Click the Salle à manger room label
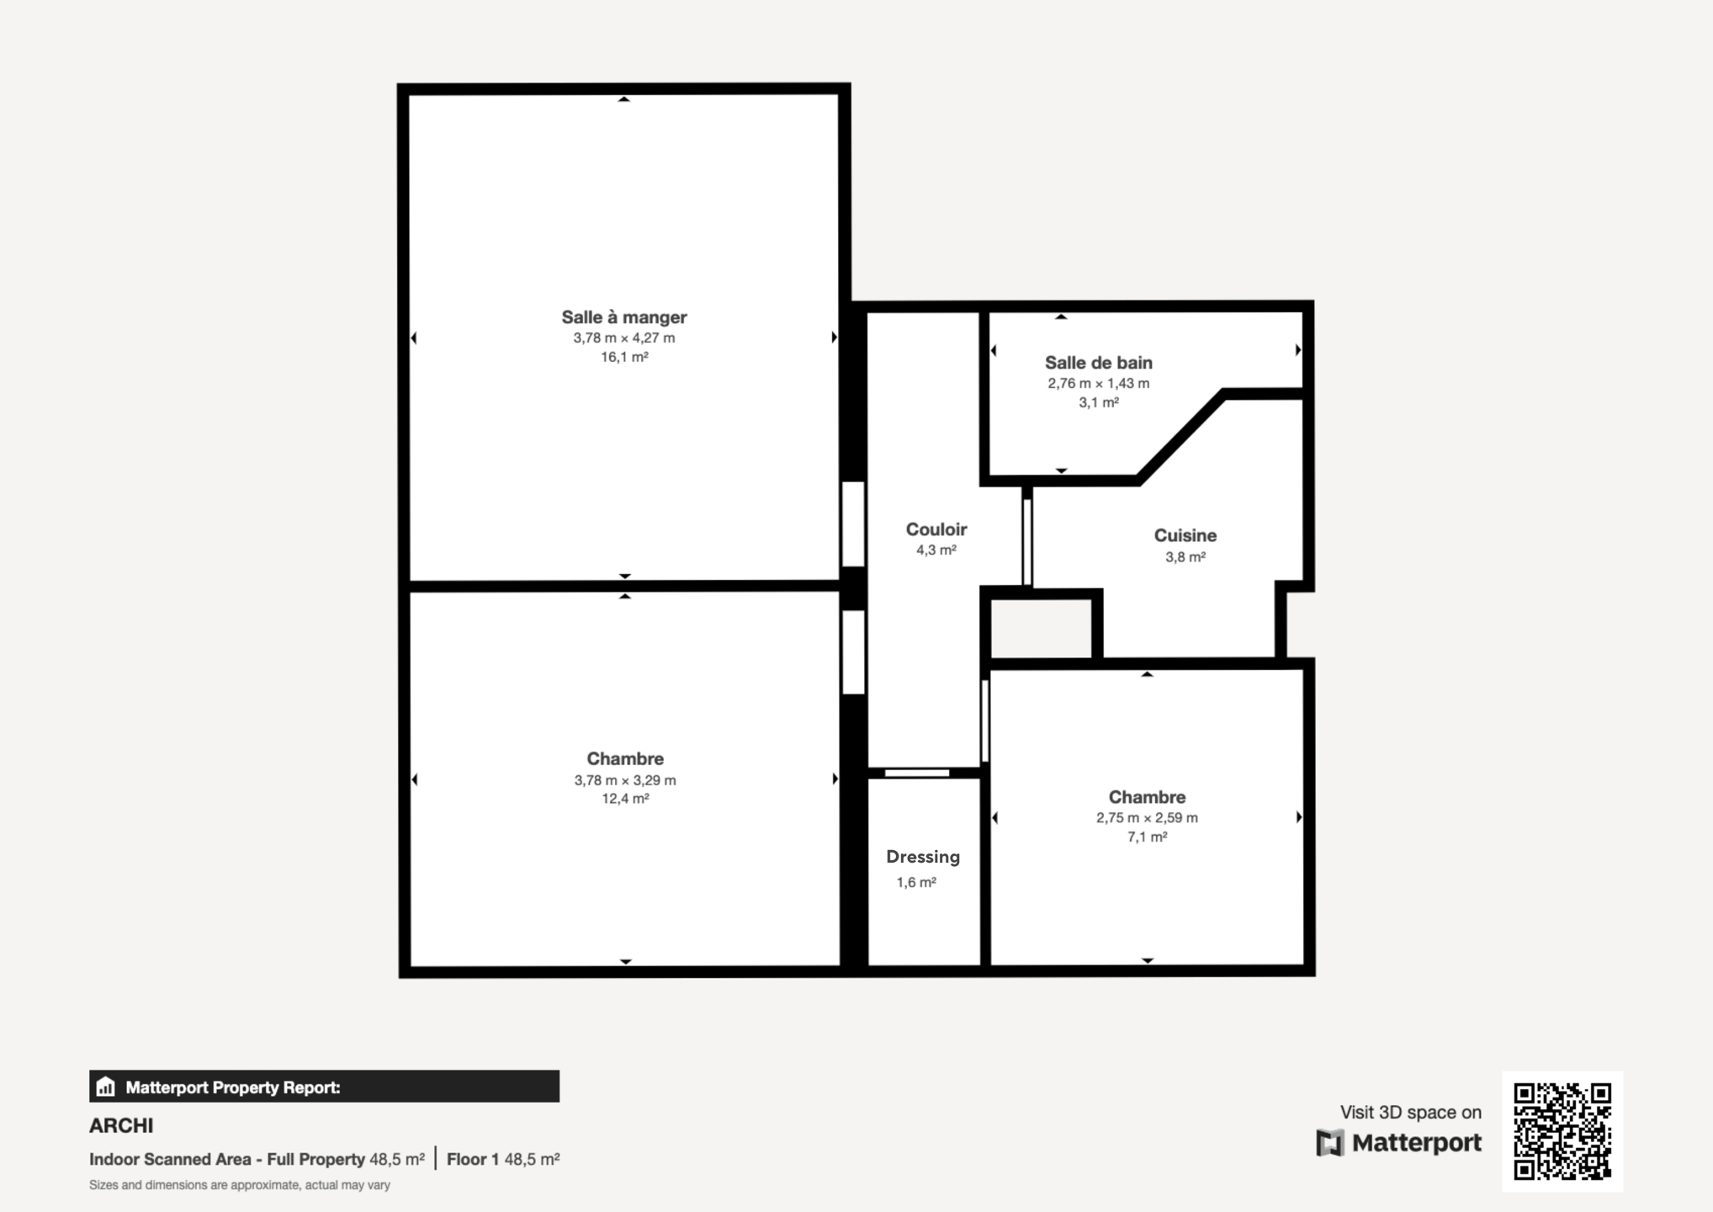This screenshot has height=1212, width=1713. tap(624, 317)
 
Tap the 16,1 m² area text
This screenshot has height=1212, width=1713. tap(624, 357)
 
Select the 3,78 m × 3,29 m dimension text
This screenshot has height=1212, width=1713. tap(625, 780)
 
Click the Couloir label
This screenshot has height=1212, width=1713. tap(936, 529)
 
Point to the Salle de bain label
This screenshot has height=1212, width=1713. tap(1099, 363)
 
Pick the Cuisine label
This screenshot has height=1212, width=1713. tap(1185, 535)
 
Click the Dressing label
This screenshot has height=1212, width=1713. tap(923, 857)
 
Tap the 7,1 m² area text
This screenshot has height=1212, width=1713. tap(1147, 837)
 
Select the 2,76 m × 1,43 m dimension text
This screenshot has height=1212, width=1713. tap(1099, 383)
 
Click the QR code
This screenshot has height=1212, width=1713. tap(1562, 1131)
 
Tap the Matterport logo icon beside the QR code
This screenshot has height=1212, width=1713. tap(1330, 1143)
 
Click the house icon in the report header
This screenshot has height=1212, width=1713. tap(105, 1087)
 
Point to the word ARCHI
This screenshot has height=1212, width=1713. tap(121, 1126)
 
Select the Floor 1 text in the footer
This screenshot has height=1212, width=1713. tap(472, 1159)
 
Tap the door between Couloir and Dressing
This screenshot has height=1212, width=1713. tap(917, 773)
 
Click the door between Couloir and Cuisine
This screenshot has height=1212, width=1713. tap(1027, 542)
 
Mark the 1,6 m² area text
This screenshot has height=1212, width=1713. tap(916, 882)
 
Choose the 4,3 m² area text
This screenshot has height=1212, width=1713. tap(936, 550)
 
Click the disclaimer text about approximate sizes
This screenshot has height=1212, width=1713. tap(240, 1185)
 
